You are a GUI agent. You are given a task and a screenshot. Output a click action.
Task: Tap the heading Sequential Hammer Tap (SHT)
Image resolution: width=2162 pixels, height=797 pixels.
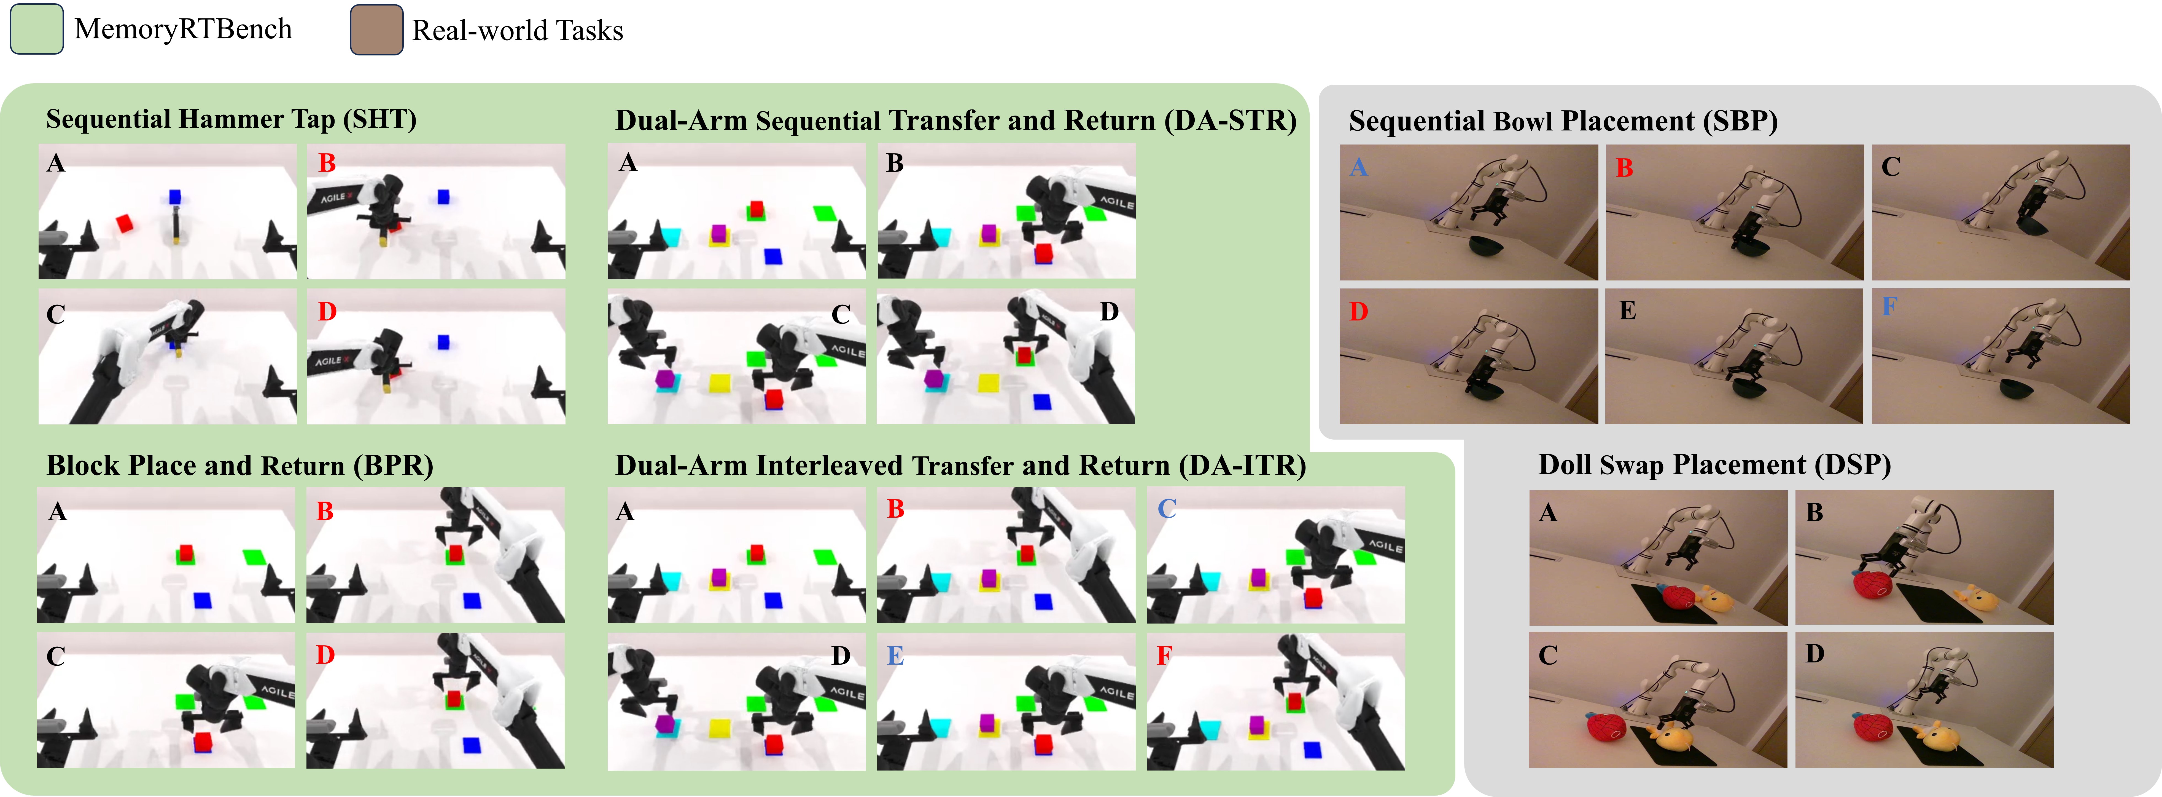(231, 119)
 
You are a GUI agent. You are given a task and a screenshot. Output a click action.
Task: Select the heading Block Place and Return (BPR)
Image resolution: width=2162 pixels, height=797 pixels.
(239, 465)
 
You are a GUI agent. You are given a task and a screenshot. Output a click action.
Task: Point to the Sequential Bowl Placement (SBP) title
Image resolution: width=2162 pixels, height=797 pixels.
(1563, 121)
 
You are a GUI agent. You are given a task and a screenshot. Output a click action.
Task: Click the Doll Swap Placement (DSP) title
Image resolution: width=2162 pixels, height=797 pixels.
(1714, 464)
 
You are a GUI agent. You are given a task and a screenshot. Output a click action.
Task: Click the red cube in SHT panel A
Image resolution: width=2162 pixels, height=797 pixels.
(124, 223)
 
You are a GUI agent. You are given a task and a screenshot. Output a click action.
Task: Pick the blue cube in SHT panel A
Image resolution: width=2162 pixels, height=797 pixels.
(174, 197)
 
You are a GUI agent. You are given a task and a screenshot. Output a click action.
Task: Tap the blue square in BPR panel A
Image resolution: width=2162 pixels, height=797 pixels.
(202, 600)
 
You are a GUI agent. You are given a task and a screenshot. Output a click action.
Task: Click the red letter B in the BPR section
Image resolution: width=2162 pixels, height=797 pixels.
(325, 511)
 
